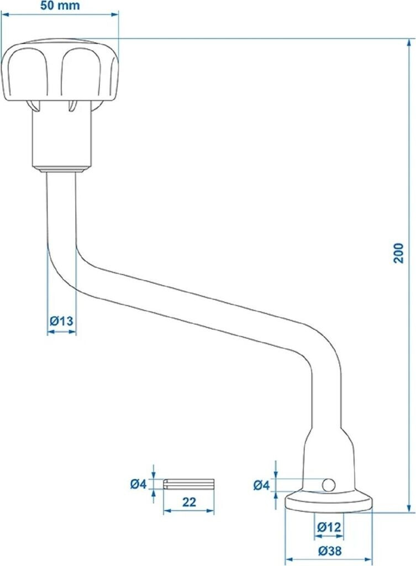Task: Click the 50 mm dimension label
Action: pos(60,6)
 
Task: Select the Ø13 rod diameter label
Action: pos(61,321)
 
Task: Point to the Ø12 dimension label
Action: pos(329,527)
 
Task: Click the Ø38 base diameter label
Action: pos(329,551)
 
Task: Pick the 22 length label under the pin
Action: pos(188,502)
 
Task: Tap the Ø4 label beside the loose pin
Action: pos(139,484)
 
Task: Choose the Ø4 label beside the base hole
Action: pos(261,485)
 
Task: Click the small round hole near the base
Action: pos(328,485)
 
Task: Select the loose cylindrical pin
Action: pos(189,484)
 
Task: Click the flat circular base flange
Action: pos(328,502)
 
